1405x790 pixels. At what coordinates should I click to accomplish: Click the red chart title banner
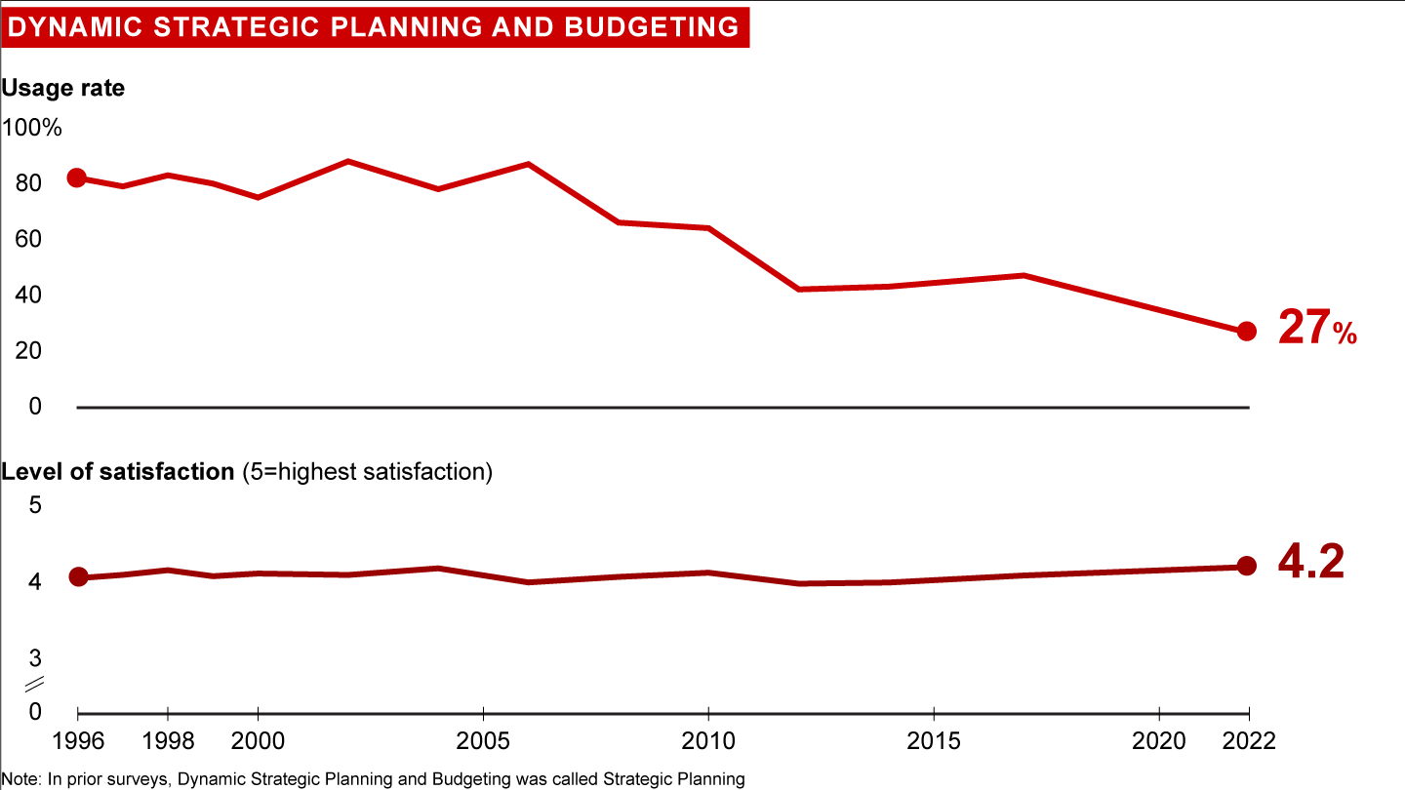(374, 26)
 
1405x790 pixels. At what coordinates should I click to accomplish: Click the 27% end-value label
(1317, 330)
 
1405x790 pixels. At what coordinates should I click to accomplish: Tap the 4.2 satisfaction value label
(1310, 563)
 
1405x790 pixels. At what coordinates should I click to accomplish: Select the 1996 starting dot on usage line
(76, 178)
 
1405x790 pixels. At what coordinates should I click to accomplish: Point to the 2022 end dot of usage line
(1246, 332)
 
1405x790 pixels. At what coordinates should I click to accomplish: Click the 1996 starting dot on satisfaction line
(78, 577)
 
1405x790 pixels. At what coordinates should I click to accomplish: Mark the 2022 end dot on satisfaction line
(1246, 566)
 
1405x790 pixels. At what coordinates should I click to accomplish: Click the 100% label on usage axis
(32, 128)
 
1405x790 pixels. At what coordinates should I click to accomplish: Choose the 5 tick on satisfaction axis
(36, 505)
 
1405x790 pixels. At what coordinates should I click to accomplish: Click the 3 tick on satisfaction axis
(36, 656)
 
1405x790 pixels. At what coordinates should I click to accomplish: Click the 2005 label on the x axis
(484, 740)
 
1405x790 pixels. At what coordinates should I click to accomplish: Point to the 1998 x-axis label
(168, 740)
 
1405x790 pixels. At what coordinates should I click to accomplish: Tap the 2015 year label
(935, 740)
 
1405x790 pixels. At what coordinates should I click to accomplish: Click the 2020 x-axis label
(1159, 740)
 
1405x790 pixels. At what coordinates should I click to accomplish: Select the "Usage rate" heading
(62, 88)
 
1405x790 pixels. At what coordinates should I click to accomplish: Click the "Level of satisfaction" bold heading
(118, 472)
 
